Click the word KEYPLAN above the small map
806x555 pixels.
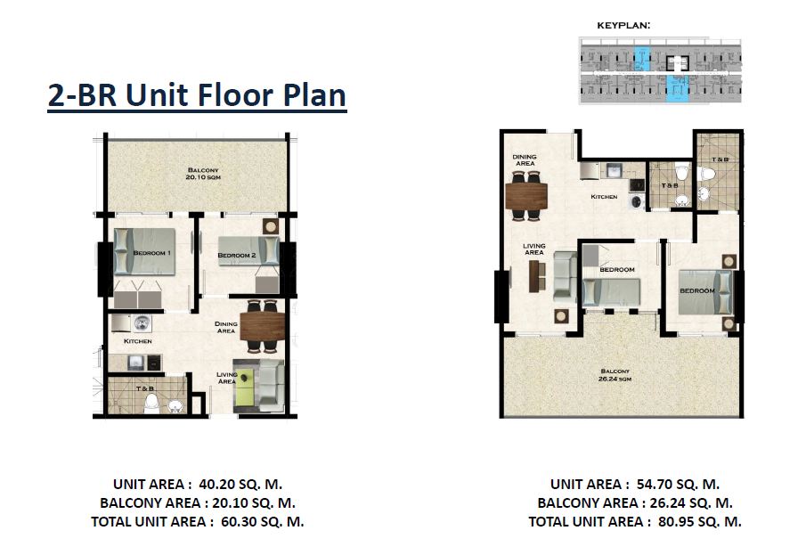pos(623,25)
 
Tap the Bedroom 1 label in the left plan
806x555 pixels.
pos(152,253)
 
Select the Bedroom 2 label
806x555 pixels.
pos(236,255)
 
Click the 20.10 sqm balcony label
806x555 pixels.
pos(203,174)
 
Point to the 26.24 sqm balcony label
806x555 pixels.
pos(615,375)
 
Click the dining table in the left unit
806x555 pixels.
pos(262,327)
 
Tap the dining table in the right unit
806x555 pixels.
pos(526,196)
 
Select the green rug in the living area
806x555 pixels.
pos(244,386)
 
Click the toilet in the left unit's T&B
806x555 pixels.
pos(151,404)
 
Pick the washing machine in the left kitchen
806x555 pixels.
pos(142,323)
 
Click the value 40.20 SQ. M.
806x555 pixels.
pos(240,485)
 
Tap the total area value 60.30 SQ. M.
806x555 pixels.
pos(262,521)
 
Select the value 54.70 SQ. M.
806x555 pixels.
pos(678,485)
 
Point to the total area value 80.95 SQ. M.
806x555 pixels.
pos(700,521)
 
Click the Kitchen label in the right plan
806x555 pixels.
pos(604,197)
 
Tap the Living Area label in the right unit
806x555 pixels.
pos(534,249)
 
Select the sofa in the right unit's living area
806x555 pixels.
pos(565,277)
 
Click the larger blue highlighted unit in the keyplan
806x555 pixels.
pos(678,88)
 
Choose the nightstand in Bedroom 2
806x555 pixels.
pos(271,226)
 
